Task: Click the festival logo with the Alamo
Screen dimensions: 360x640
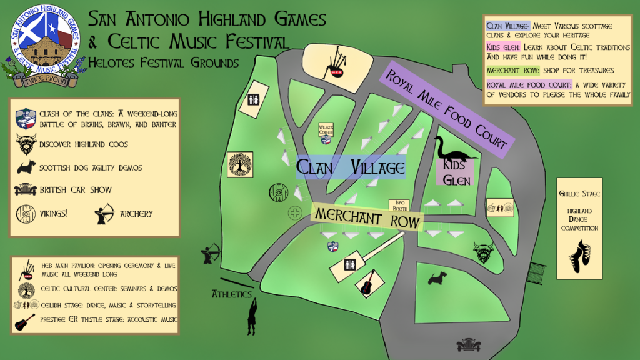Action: tap(45, 44)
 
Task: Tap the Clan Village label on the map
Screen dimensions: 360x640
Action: tap(350, 167)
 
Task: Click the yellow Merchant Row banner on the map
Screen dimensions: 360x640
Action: tap(367, 216)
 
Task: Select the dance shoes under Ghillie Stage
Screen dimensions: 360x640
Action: tap(580, 256)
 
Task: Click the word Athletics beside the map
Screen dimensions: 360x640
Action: tap(231, 294)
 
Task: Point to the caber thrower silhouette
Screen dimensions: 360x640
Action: tap(252, 317)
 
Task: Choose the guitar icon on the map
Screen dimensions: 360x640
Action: tap(367, 282)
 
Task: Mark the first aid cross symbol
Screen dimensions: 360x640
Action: tap(294, 213)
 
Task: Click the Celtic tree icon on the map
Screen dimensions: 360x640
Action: tap(240, 164)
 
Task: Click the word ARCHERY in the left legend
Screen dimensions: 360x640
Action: tap(137, 214)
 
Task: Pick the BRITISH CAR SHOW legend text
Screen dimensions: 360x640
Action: tap(76, 190)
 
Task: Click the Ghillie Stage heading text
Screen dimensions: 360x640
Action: tap(579, 194)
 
